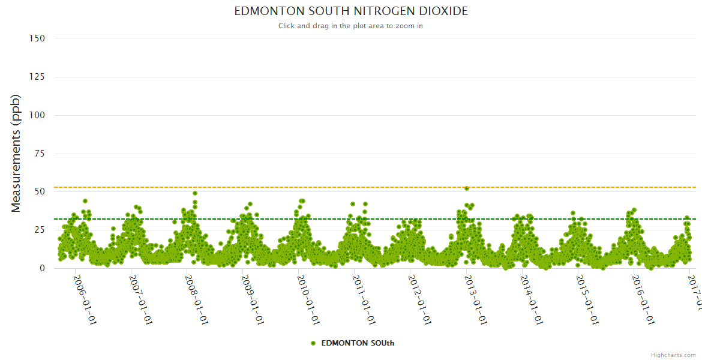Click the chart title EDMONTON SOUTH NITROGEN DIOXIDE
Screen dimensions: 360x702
tap(351, 11)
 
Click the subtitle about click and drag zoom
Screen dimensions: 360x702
tap(351, 26)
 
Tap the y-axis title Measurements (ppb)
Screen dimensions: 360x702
tap(16, 153)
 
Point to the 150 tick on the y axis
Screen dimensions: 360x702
tap(37, 38)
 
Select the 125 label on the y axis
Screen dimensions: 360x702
tap(37, 77)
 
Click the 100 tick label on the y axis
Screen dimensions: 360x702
tap(37, 115)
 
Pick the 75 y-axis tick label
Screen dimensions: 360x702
tap(39, 154)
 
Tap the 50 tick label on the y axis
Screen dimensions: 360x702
tap(39, 192)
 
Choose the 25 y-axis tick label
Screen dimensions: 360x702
tap(39, 230)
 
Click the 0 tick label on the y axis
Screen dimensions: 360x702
tap(41, 269)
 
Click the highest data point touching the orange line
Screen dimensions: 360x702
tap(467, 188)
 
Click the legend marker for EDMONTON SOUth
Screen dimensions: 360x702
tap(313, 343)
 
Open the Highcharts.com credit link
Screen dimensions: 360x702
tap(673, 355)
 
